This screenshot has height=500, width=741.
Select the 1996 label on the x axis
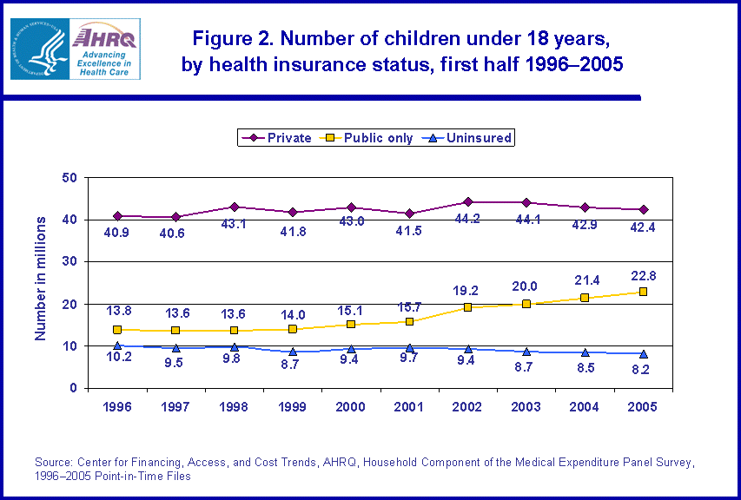117,406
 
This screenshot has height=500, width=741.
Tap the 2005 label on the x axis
643,406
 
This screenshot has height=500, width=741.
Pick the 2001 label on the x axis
409,406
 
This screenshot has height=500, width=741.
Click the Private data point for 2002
468,202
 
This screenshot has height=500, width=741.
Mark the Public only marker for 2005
643,292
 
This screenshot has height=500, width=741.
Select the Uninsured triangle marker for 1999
293,352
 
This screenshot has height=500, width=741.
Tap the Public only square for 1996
117,330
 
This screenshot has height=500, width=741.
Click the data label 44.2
468,218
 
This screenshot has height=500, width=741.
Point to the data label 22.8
643,276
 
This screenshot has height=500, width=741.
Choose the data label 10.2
117,359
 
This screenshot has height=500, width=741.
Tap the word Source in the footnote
51,460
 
